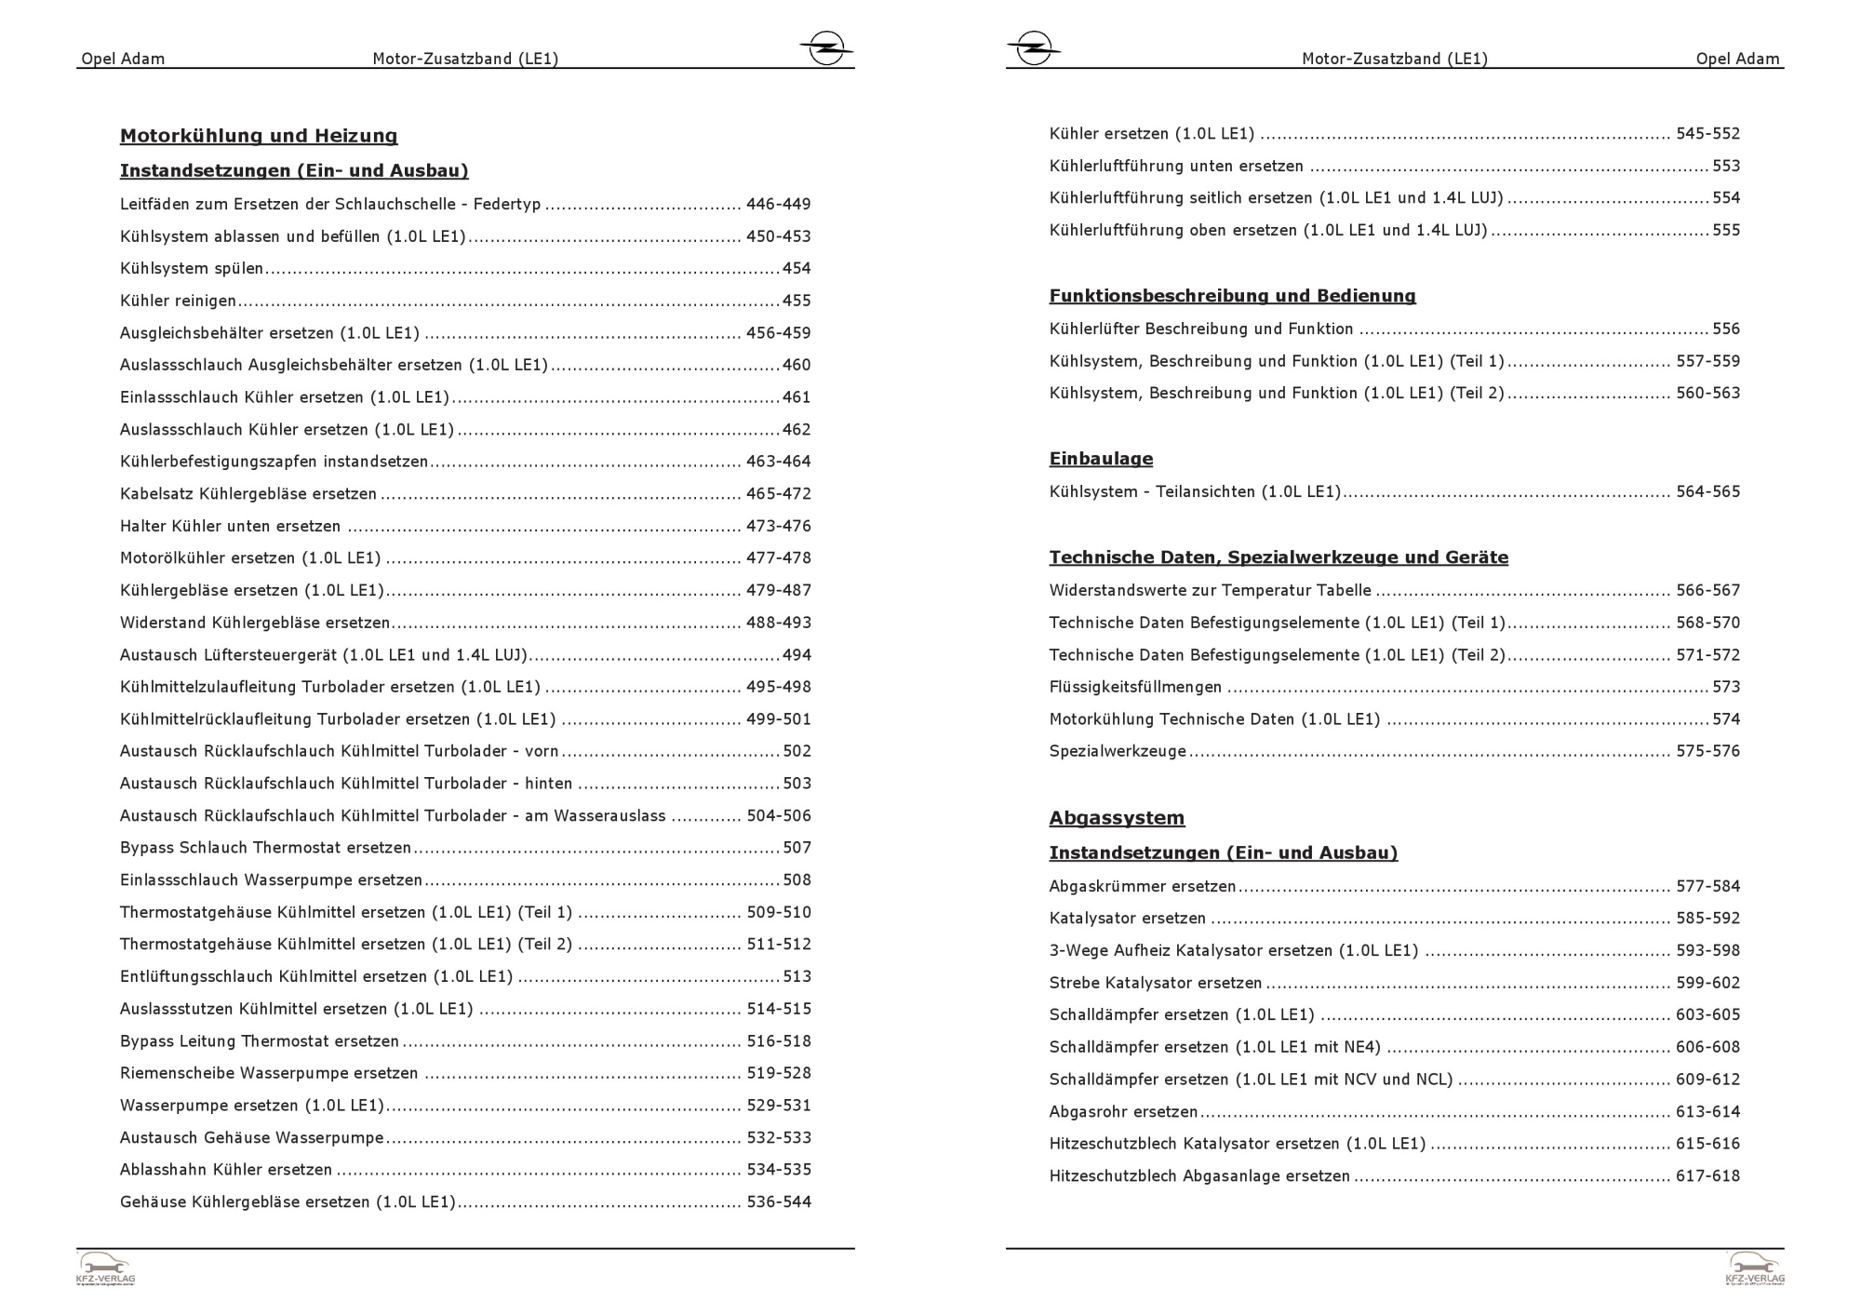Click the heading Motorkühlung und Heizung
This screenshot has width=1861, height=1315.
coord(259,136)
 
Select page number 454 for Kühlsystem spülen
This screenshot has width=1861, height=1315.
coord(797,269)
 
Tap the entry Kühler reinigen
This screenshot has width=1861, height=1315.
coord(178,301)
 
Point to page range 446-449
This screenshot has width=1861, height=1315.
coord(779,204)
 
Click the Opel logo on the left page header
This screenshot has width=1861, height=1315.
coord(825,47)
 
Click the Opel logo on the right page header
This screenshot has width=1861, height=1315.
coord(1033,47)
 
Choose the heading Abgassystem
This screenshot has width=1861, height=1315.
coord(1117,818)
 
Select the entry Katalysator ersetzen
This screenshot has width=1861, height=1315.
coord(1128,919)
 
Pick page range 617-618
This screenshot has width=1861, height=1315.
coord(1707,1176)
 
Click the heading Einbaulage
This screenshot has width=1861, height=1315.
coord(1101,459)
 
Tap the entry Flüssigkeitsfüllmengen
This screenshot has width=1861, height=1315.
coord(1135,688)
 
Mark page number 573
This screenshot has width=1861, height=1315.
coord(1726,688)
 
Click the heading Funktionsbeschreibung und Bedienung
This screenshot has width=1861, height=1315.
coord(1232,296)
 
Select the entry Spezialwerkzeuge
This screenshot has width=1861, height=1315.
coord(1118,752)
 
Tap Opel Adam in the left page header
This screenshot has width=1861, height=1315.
coord(123,60)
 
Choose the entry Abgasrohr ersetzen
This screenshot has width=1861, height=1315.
coord(1123,1112)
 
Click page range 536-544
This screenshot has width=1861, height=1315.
coord(779,1202)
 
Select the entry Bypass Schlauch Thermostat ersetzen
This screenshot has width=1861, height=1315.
coord(265,849)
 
